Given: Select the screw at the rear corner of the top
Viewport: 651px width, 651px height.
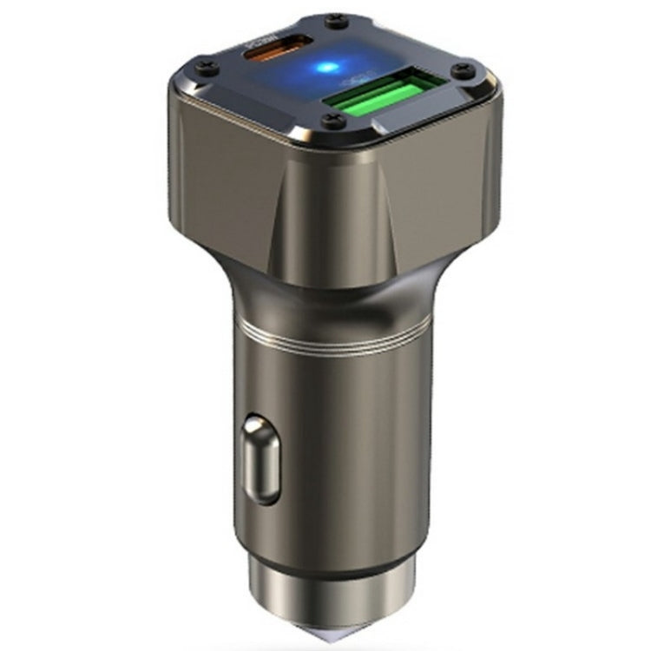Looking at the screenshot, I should pyautogui.click(x=331, y=19).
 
